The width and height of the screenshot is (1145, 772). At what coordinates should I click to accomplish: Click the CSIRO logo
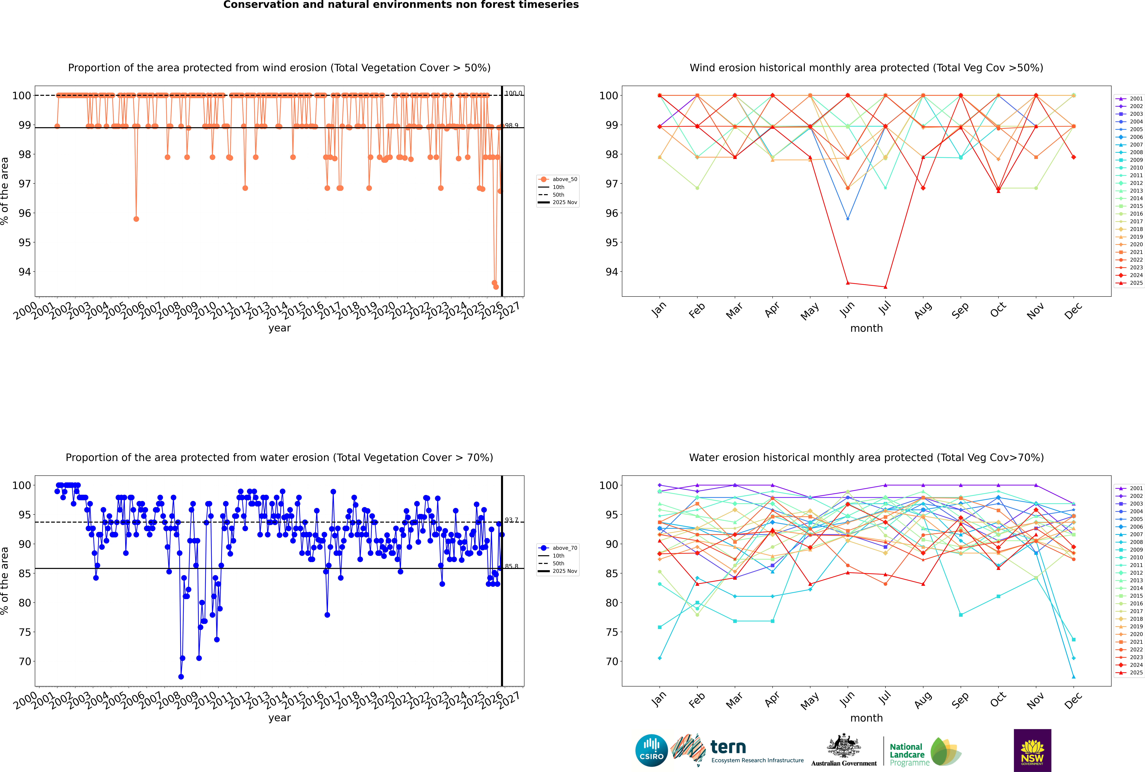(651, 750)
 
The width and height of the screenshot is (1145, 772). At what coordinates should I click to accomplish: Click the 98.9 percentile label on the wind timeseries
(511, 125)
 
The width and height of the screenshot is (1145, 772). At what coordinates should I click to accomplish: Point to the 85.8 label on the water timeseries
(511, 566)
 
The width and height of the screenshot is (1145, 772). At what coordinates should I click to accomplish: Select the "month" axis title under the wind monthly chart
(866, 328)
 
